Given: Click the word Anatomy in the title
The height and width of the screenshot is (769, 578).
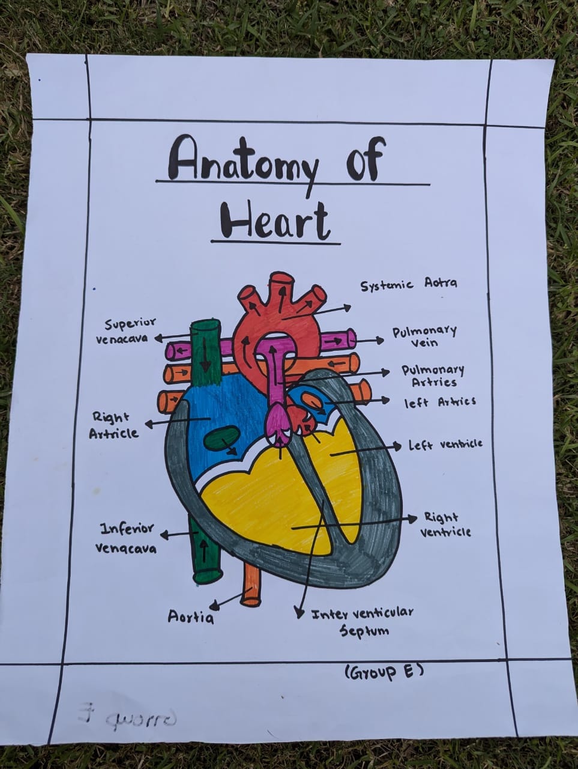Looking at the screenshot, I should pyautogui.click(x=243, y=160).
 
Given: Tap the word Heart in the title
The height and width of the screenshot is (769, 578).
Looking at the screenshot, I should pyautogui.click(x=275, y=220).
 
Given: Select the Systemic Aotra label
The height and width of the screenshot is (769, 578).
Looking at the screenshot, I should pyautogui.click(x=408, y=284).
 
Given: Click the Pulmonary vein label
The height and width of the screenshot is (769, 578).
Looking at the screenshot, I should pyautogui.click(x=424, y=336).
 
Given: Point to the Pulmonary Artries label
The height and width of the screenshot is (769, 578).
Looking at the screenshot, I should pyautogui.click(x=433, y=376).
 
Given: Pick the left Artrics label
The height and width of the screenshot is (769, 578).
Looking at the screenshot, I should pyautogui.click(x=439, y=402).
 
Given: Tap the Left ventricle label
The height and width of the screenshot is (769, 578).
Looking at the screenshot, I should pyautogui.click(x=445, y=445).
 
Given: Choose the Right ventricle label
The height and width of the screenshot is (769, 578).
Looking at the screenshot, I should pyautogui.click(x=445, y=524).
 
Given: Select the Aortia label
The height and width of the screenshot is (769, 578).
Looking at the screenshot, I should pyautogui.click(x=190, y=617).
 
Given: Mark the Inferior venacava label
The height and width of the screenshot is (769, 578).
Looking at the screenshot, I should pyautogui.click(x=126, y=538).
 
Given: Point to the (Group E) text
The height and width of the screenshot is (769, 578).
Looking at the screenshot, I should pyautogui.click(x=384, y=671).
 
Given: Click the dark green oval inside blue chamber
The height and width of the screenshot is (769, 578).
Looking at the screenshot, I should pyautogui.click(x=219, y=439).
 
